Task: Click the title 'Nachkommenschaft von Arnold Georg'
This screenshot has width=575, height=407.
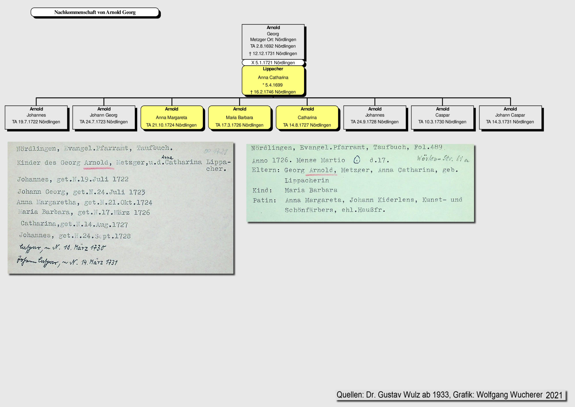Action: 95,12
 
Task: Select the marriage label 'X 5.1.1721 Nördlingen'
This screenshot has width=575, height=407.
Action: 273,63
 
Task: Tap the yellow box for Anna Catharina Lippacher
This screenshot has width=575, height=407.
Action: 273,81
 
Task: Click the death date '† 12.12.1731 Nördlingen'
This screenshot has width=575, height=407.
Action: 273,53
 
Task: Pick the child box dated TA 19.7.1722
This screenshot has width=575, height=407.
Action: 36,118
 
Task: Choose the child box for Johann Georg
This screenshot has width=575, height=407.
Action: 104,118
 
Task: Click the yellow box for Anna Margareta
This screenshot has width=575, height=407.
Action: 172,118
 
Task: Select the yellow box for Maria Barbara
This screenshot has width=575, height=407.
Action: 239,118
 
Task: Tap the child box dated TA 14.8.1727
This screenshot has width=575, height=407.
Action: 307,118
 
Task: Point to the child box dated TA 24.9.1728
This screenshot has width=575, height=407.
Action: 375,118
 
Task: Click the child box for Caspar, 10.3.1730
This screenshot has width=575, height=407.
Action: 442,118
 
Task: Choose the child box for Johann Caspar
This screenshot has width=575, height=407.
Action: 510,118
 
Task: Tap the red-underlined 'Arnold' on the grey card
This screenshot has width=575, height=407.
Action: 96,163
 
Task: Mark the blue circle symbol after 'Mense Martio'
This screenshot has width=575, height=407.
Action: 357,160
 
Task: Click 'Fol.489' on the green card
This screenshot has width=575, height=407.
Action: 428,147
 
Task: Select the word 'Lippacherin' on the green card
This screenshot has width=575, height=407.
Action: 307,180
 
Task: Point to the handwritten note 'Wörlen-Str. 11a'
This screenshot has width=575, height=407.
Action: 443,158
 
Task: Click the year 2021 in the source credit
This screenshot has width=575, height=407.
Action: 554,395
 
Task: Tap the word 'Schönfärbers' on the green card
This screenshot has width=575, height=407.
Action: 309,210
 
